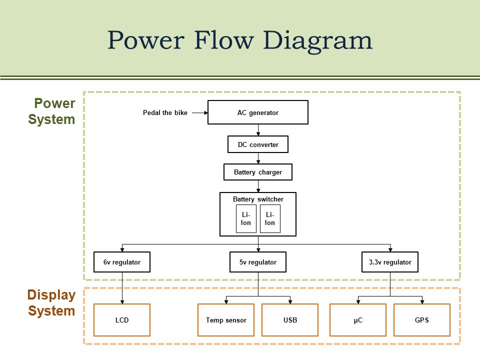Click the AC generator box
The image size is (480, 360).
pyautogui.click(x=258, y=112)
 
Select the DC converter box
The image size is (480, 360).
pyautogui.click(x=258, y=144)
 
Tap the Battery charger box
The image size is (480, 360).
pyautogui.click(x=258, y=172)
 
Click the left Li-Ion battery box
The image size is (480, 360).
pyautogui.click(x=246, y=218)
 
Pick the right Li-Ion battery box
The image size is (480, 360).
pyautogui.click(x=270, y=218)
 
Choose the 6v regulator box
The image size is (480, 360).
pyautogui.click(x=122, y=262)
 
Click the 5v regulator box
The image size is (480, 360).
pyautogui.click(x=258, y=262)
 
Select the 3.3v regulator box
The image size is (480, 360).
pyautogui.click(x=390, y=262)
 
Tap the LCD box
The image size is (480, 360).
pyautogui.click(x=122, y=320)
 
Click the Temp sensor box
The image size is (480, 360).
pyautogui.click(x=226, y=320)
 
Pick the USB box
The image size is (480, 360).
pyautogui.click(x=290, y=320)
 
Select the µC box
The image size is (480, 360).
pyautogui.click(x=358, y=320)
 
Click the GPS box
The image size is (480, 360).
pyautogui.click(x=422, y=320)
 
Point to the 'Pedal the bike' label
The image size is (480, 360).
pyautogui.click(x=165, y=112)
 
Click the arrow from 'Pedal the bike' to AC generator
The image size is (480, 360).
pyautogui.click(x=200, y=112)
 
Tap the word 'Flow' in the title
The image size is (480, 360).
pyautogui.click(x=224, y=40)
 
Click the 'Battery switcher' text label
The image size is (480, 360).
pyautogui.click(x=258, y=199)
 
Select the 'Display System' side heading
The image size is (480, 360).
pyautogui.click(x=51, y=303)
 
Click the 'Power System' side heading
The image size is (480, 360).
pyautogui.click(x=51, y=111)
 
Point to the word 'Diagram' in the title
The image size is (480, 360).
pyautogui.click(x=317, y=41)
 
